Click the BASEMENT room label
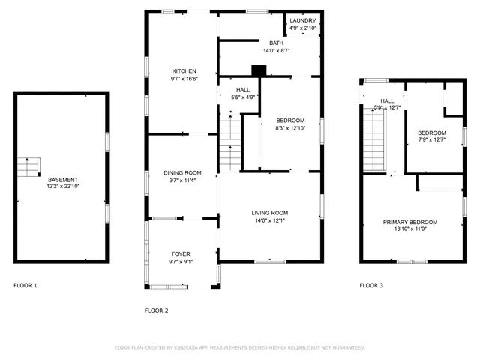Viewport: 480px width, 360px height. (63, 180)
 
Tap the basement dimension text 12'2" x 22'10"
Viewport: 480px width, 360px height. (63, 187)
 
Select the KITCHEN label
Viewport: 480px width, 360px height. (184, 71)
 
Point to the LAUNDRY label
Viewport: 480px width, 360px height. (303, 20)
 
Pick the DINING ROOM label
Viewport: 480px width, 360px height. (183, 173)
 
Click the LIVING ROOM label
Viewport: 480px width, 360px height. (269, 213)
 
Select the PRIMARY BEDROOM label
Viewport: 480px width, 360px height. (410, 223)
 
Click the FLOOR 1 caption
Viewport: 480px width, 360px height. (25, 286)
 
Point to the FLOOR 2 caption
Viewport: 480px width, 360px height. (156, 310)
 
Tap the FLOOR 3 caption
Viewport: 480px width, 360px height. (370, 286)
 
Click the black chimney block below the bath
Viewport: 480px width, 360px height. (259, 71)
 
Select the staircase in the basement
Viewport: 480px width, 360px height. (28, 167)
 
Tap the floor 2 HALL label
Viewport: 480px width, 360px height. (243, 89)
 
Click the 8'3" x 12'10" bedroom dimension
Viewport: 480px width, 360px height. (289, 128)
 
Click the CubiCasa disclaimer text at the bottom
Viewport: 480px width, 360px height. (239, 347)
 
